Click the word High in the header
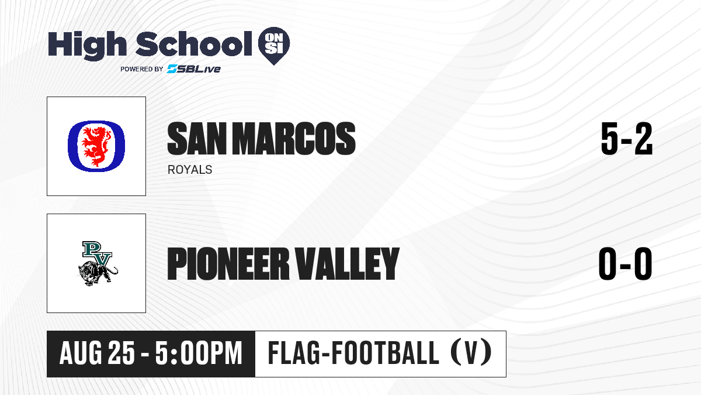point(87,46)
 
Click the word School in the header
point(194,44)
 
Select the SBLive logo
point(194,69)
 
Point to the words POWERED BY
point(142,69)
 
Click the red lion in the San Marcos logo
point(96,146)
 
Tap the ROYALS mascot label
point(190,170)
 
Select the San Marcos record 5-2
point(626,139)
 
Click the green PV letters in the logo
point(98,253)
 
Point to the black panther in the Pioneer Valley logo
point(98,274)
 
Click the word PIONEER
point(228,264)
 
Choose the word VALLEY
point(348,264)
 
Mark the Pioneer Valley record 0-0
point(626,264)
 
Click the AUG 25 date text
point(97,353)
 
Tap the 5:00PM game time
point(199,353)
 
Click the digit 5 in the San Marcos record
point(609,139)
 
